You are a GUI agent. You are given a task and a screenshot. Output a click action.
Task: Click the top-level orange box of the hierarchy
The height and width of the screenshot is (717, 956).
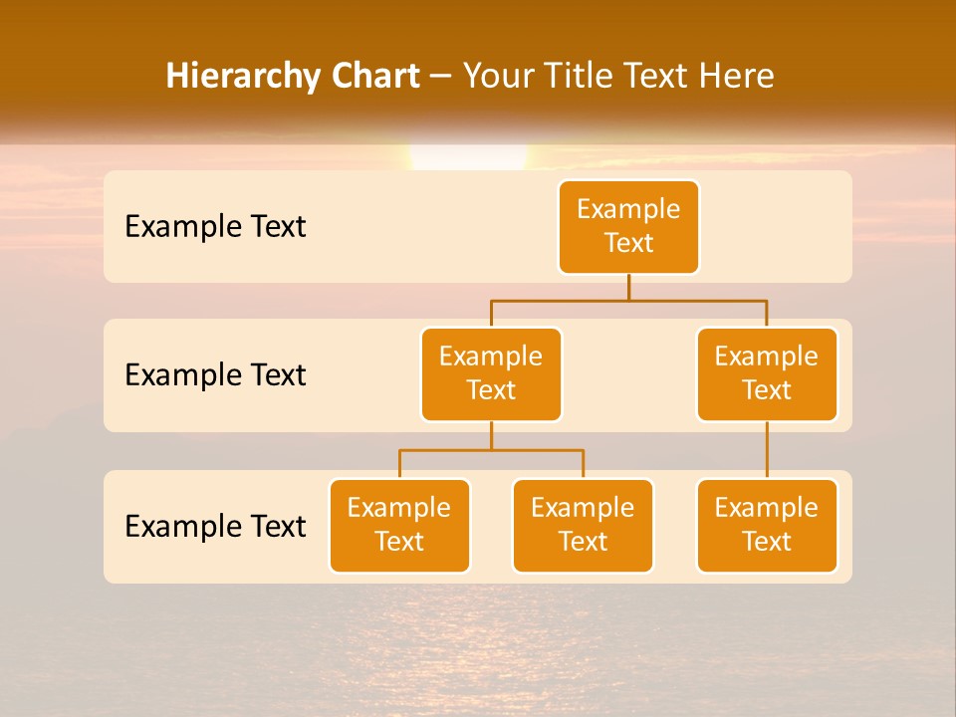(x=628, y=227)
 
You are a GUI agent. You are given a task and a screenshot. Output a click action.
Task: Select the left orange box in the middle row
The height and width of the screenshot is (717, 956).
(x=491, y=374)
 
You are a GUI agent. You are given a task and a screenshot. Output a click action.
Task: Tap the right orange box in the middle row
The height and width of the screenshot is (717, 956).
(x=767, y=374)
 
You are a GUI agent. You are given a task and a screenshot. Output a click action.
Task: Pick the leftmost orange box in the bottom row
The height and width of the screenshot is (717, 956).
(x=399, y=526)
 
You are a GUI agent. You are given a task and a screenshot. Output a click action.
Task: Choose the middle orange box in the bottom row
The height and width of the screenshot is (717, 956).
(x=583, y=526)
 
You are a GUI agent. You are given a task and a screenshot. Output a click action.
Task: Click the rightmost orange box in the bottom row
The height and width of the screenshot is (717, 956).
(x=767, y=526)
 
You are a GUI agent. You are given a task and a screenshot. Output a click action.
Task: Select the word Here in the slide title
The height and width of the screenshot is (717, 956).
(x=736, y=76)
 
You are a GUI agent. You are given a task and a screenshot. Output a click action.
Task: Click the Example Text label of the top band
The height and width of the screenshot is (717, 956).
(x=215, y=227)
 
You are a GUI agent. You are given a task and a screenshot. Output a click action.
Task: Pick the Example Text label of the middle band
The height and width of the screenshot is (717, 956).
(x=215, y=375)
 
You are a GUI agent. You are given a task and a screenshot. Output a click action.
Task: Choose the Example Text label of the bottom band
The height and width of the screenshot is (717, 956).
(x=215, y=526)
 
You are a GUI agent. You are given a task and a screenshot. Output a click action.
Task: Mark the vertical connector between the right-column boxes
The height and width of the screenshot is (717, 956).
(x=767, y=450)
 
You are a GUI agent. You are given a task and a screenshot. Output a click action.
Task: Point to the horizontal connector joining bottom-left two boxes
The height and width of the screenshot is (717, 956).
(x=491, y=450)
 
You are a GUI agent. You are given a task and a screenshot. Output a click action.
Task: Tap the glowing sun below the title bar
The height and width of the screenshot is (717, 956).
(x=468, y=157)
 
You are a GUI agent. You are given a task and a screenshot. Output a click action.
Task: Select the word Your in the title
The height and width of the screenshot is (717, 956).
(x=496, y=76)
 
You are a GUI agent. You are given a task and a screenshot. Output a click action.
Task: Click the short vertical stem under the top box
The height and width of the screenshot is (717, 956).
(x=628, y=287)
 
